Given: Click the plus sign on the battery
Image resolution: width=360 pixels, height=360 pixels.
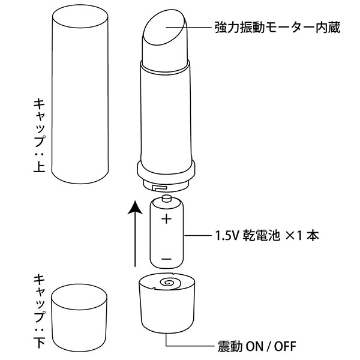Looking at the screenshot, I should point(166,219).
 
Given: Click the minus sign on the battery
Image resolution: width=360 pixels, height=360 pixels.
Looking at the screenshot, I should point(166,259).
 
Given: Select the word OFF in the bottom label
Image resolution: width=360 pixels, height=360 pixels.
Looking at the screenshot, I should point(282,346).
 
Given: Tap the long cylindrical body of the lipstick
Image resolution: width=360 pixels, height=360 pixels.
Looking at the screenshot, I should point(166,114).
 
